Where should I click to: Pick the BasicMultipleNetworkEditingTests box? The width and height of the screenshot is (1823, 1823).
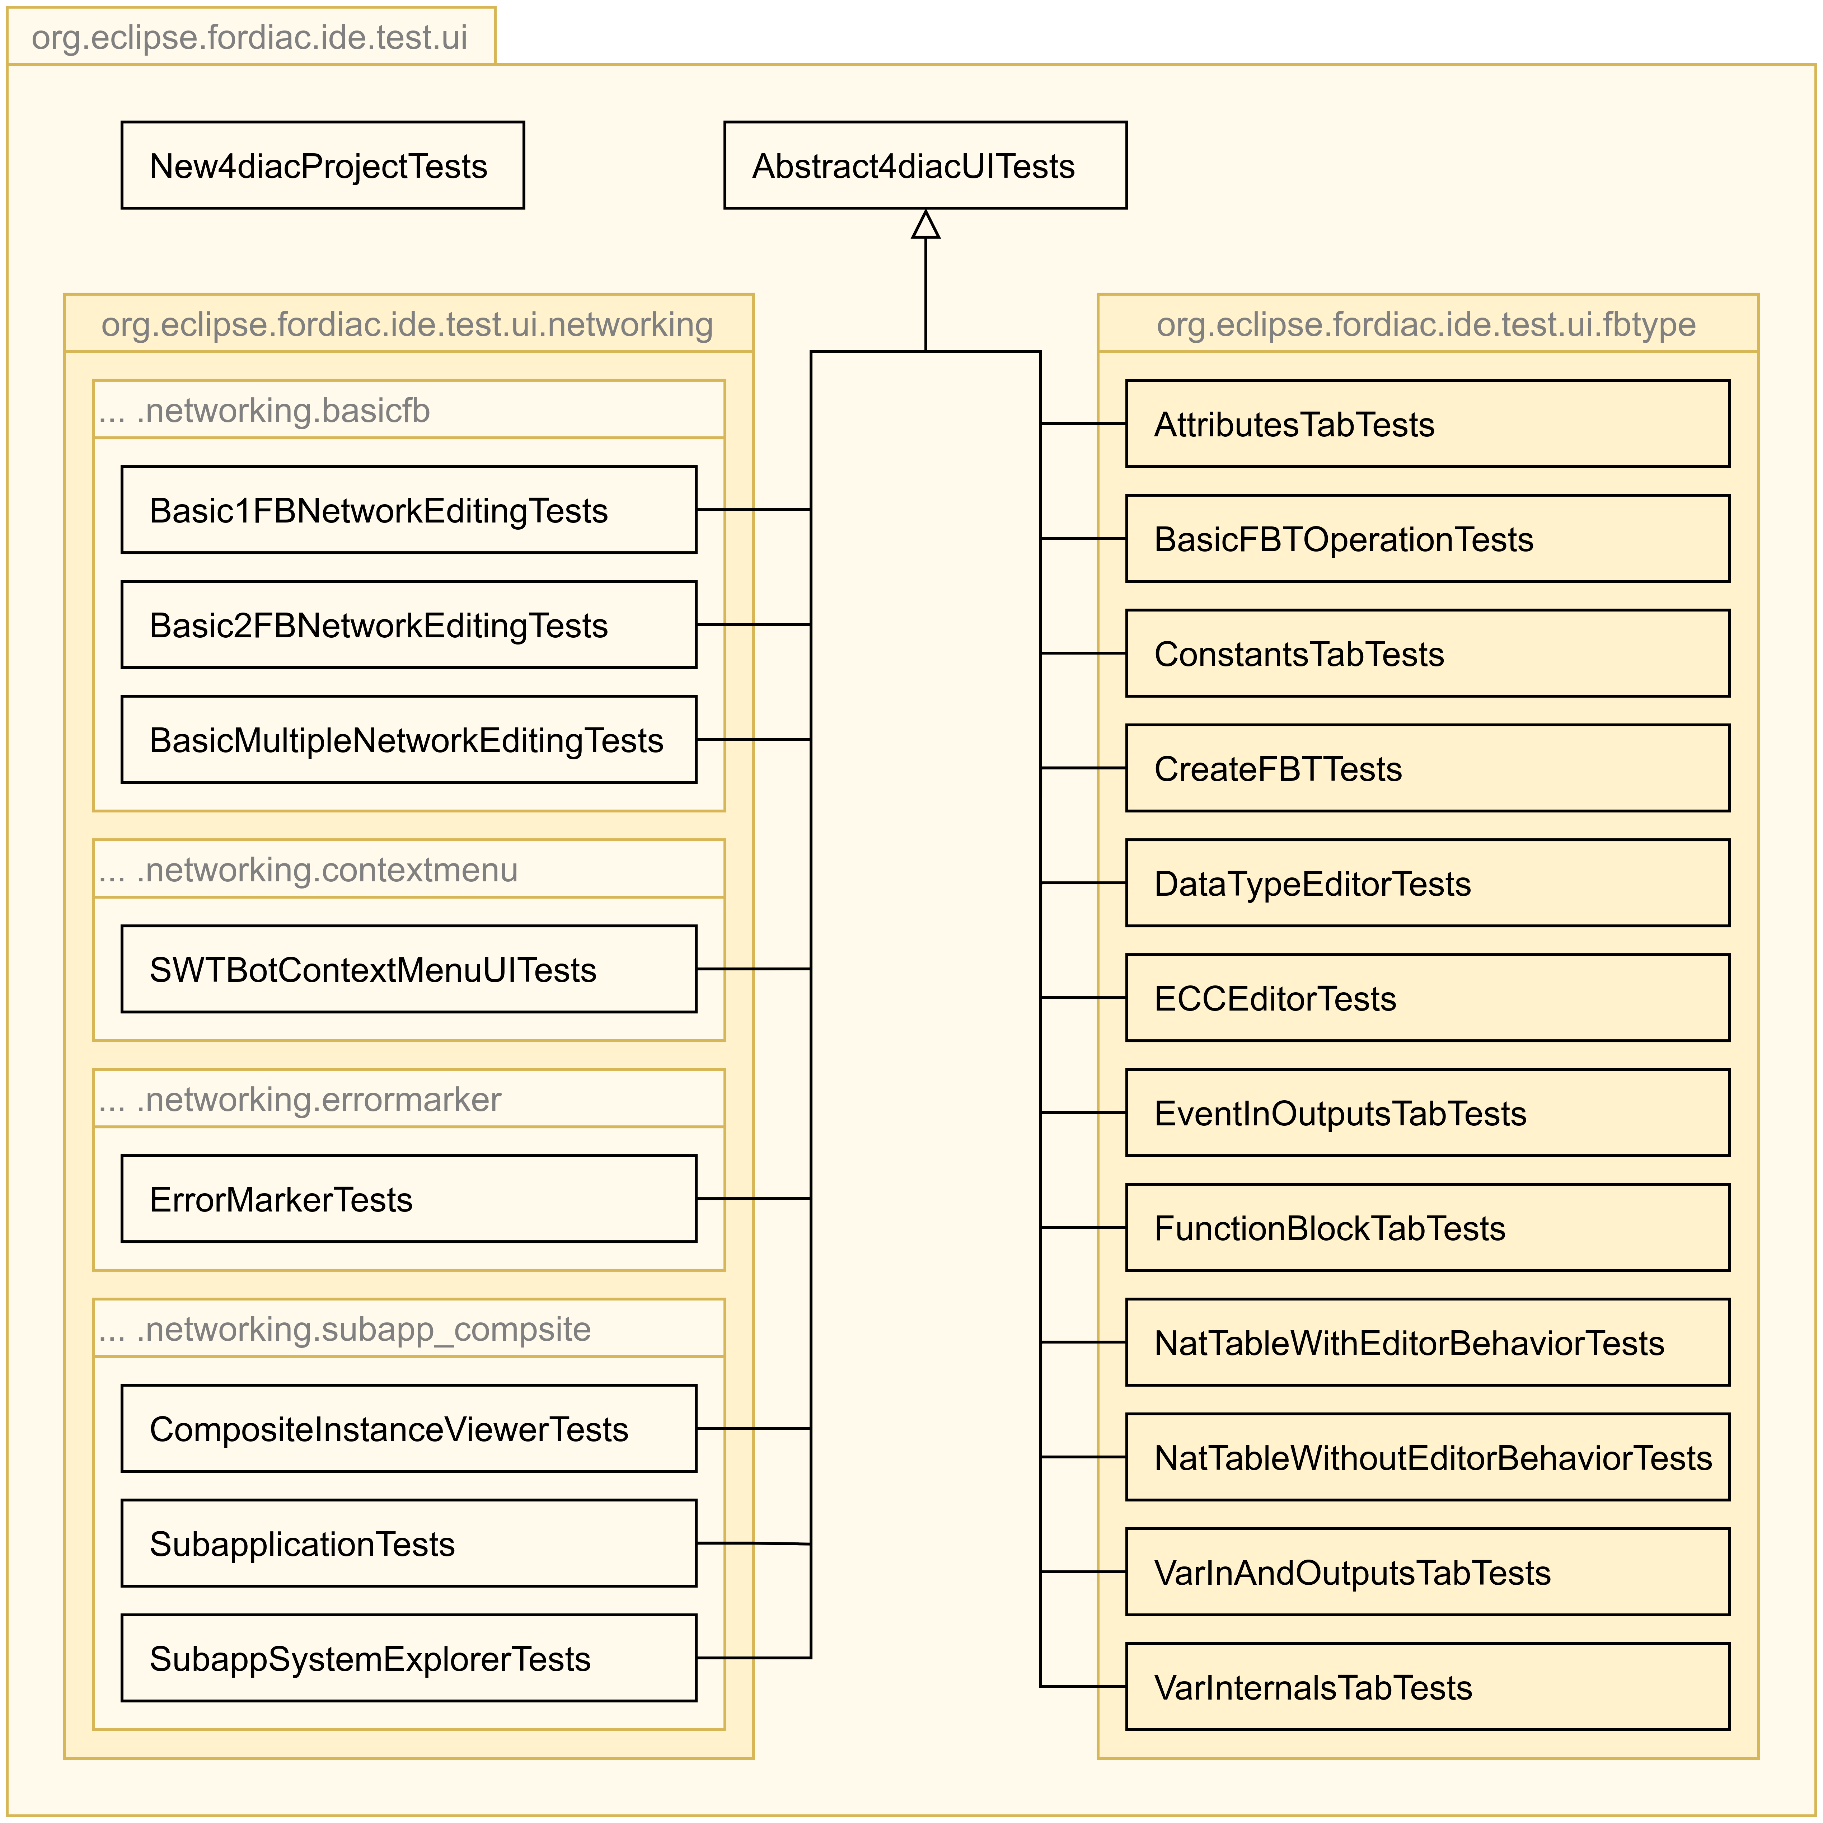pyautogui.click(x=409, y=740)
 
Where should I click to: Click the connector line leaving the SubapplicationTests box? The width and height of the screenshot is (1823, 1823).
pyautogui.click(x=753, y=1544)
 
